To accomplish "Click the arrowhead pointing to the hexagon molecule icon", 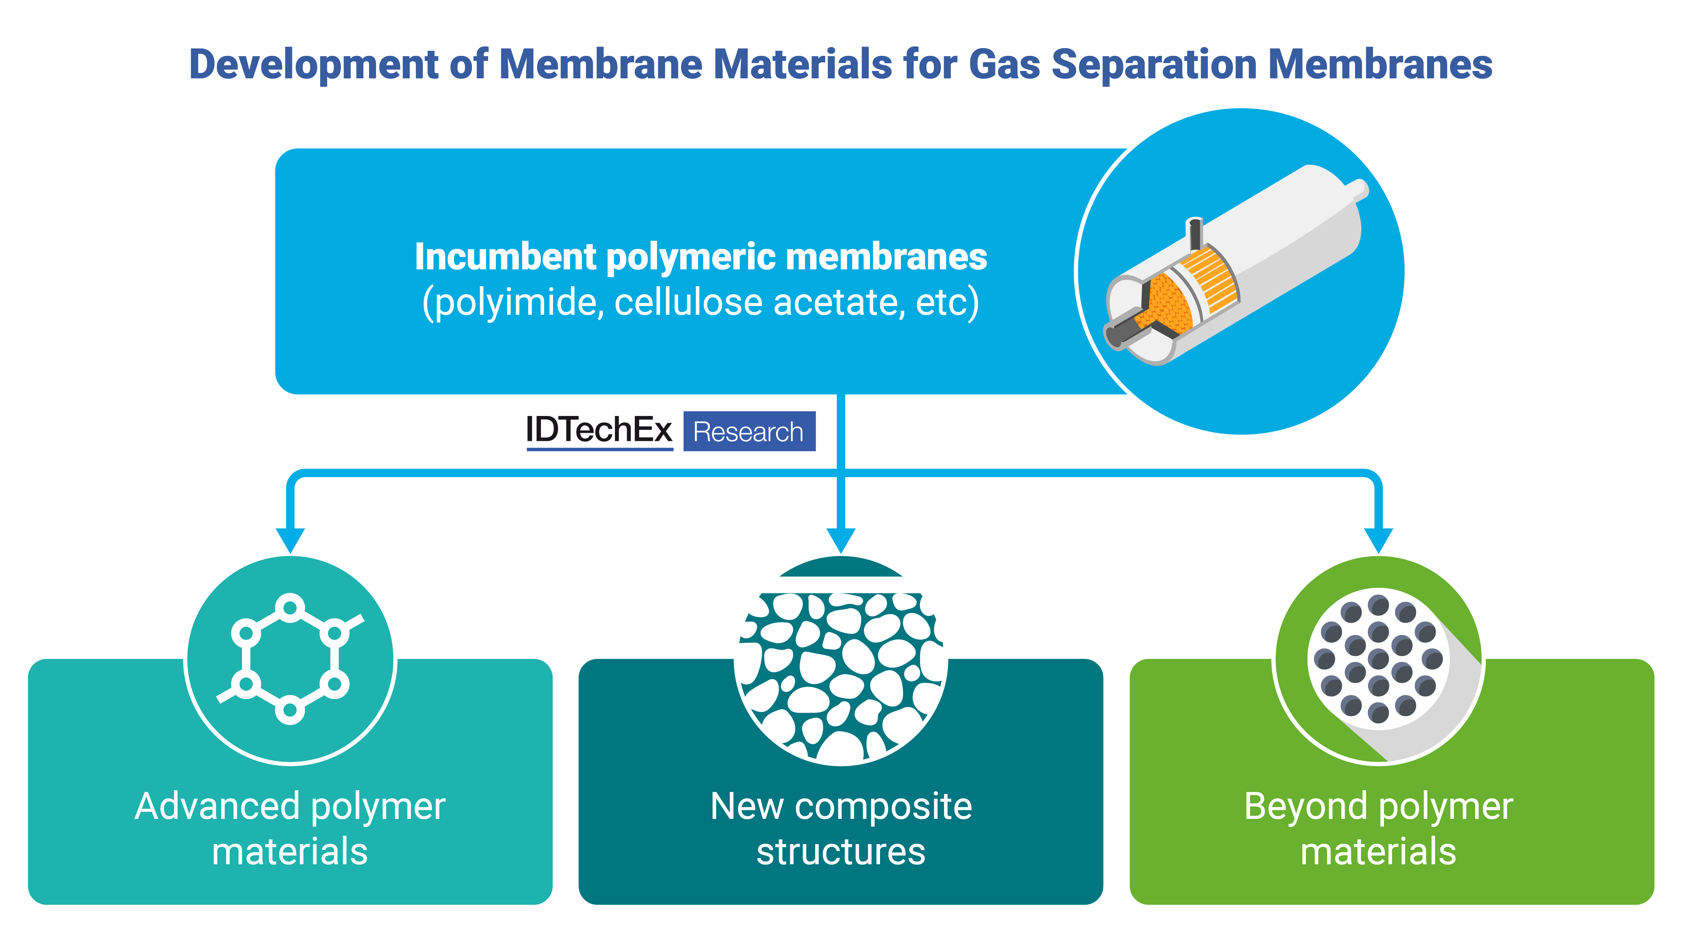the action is pos(291,540).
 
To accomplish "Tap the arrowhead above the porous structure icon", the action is pos(841,540).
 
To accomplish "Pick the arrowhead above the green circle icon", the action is pos(1378,540).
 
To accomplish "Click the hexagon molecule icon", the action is pos(290,658).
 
